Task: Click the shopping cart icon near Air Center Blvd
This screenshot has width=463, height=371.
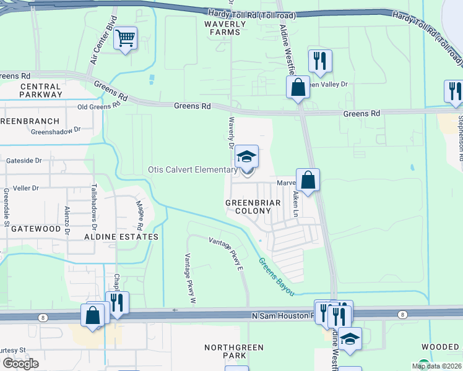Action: click(x=126, y=39)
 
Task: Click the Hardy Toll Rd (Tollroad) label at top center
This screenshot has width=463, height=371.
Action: click(x=251, y=14)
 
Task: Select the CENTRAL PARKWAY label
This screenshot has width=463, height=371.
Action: click(x=40, y=90)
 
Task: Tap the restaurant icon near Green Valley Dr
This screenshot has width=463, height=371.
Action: click(x=320, y=62)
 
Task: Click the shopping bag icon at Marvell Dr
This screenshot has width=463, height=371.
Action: click(x=308, y=181)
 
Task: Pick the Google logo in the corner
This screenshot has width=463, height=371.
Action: click(x=20, y=363)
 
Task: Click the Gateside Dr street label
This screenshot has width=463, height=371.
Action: click(x=24, y=160)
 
